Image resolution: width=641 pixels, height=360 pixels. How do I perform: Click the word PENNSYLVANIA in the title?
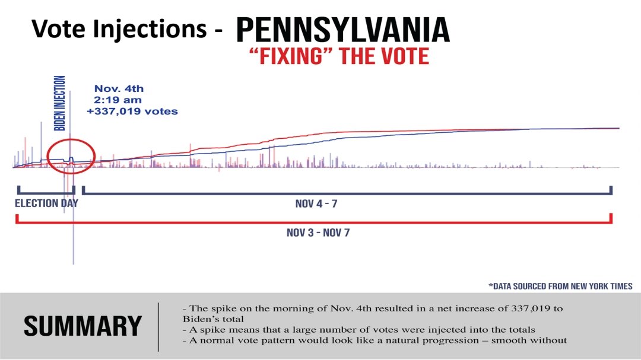(x=342, y=29)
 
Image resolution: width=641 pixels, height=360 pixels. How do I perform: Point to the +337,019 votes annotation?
(x=136, y=111)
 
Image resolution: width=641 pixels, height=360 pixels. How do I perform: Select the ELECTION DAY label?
(x=46, y=203)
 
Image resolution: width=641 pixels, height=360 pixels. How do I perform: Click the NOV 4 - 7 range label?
(x=317, y=204)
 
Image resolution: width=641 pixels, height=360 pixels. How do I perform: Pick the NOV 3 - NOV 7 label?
(x=318, y=232)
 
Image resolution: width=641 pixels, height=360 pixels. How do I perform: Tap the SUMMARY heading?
(x=82, y=326)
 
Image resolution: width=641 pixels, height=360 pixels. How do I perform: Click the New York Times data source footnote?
(x=560, y=286)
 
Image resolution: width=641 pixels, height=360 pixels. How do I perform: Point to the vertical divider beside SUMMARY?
(x=158, y=326)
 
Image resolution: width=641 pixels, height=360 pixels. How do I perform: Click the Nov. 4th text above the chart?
(x=119, y=89)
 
